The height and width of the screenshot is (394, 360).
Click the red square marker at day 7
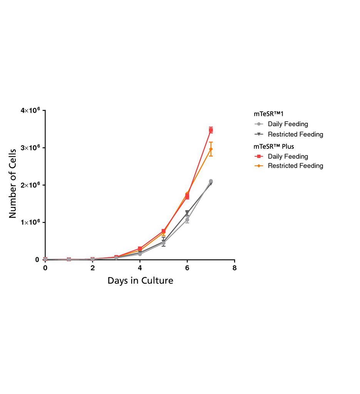point(211,130)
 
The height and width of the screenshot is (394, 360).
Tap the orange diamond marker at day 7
point(211,149)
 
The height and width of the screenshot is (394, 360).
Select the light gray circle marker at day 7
point(211,181)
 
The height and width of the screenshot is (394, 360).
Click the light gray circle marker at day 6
point(187,220)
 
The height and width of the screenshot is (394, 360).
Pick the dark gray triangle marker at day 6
point(187,212)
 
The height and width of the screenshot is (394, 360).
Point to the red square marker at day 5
point(164,231)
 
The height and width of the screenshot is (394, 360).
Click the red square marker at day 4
point(140,249)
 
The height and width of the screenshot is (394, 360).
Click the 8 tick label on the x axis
point(234,268)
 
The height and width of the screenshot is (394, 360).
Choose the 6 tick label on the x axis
point(187,268)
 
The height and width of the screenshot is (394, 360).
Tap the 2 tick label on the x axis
point(92,268)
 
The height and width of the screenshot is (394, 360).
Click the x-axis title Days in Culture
point(140,280)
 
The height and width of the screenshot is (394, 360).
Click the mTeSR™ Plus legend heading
point(274,146)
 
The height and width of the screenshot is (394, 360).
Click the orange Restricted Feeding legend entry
point(295,166)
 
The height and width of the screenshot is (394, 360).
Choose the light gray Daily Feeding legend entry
point(288,124)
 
